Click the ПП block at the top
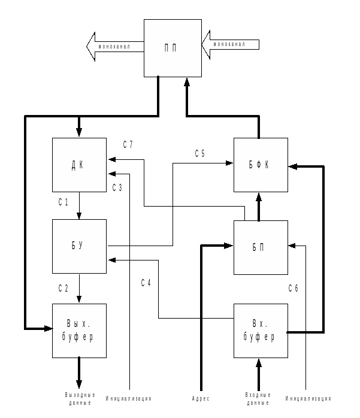point(173,48)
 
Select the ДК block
point(79,165)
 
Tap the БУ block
point(79,246)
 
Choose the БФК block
point(261,165)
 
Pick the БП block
point(261,247)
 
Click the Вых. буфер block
point(79,331)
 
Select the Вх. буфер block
point(261,331)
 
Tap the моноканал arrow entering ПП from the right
point(231,44)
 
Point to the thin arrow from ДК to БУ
point(79,206)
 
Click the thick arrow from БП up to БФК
point(259,207)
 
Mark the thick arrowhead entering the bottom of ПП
point(187,83)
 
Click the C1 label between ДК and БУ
point(63,202)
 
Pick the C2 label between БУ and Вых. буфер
point(63,289)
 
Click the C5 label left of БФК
point(200,153)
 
